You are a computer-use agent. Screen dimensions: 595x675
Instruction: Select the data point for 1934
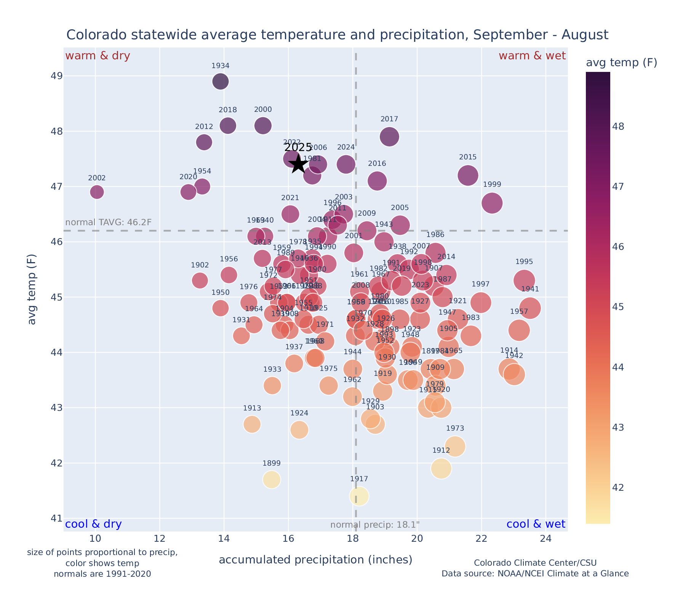(x=220, y=81)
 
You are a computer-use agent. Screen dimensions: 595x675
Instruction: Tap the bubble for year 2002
(x=97, y=192)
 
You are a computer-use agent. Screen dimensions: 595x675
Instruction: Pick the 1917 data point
(x=359, y=496)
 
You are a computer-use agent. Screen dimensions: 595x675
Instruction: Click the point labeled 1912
(x=441, y=468)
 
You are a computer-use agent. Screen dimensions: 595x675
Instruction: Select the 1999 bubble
(x=492, y=203)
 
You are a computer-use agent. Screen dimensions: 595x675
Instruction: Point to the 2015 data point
(x=468, y=175)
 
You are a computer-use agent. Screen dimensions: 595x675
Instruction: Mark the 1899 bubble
(x=271, y=479)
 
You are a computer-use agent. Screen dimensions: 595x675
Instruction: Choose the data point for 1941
(x=530, y=308)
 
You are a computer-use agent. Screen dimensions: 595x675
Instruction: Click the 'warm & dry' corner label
(x=98, y=56)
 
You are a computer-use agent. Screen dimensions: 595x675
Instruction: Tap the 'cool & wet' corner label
(x=536, y=524)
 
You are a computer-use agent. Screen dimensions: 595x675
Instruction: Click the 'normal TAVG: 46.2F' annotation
(x=109, y=222)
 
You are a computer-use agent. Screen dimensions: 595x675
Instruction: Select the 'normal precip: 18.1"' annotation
(x=375, y=525)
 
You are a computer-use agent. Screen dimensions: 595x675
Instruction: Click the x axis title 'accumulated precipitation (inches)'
(x=315, y=560)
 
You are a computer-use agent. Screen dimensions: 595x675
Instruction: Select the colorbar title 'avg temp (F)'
(x=621, y=63)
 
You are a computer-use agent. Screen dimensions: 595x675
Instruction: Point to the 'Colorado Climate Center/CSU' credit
(x=535, y=563)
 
